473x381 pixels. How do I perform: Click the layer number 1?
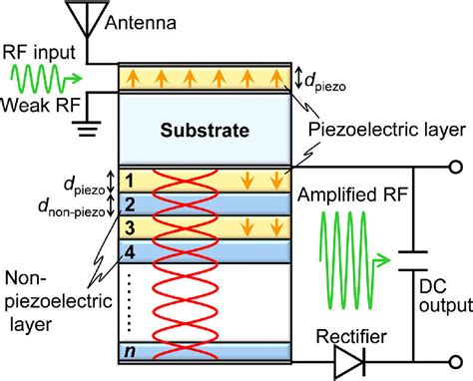128,181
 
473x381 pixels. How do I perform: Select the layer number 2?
128,203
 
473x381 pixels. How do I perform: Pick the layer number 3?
128,227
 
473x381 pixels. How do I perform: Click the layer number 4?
128,250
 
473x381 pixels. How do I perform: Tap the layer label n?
128,350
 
